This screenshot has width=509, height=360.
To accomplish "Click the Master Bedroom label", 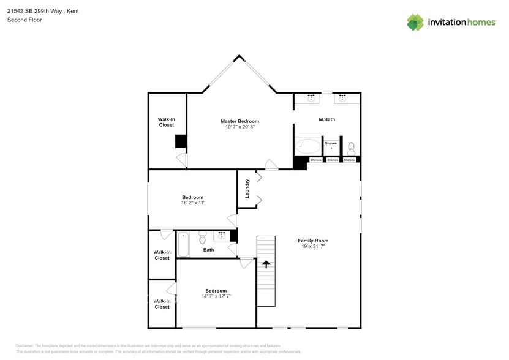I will pyautogui.click(x=239, y=121).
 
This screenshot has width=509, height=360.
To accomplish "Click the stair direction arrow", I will pyautogui.click(x=266, y=264).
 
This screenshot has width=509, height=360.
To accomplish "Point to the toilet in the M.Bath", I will pyautogui.click(x=351, y=148).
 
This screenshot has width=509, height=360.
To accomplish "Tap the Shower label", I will pyautogui.click(x=331, y=143).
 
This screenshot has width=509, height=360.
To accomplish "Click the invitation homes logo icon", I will pyautogui.click(x=415, y=23).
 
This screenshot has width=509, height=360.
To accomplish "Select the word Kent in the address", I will pyautogui.click(x=72, y=11).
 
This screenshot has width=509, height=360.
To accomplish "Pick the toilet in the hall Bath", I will pyautogui.click(x=203, y=238).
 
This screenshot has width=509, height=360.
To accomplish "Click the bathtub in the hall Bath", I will pyautogui.click(x=183, y=244).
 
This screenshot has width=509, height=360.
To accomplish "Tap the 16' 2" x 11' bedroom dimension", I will pyautogui.click(x=192, y=203).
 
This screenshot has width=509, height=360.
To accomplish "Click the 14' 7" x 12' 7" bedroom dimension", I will pyautogui.click(x=216, y=296).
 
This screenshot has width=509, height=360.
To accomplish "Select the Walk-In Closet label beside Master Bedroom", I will pyautogui.click(x=166, y=122).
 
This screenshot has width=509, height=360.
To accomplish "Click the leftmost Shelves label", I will pyautogui.click(x=315, y=160).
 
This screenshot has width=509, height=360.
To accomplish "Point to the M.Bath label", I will pyautogui.click(x=326, y=119).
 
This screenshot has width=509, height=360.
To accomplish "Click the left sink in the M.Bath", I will pyautogui.click(x=311, y=97).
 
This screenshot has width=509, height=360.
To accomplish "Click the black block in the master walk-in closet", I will pyautogui.click(x=181, y=141).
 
